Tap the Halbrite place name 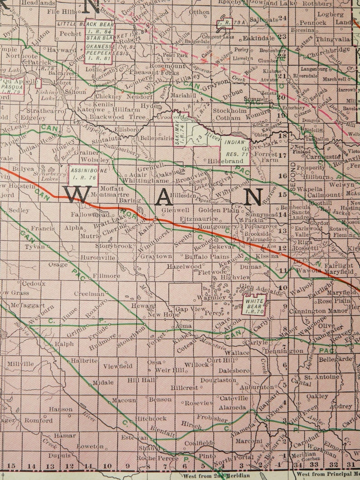tap(84, 360)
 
